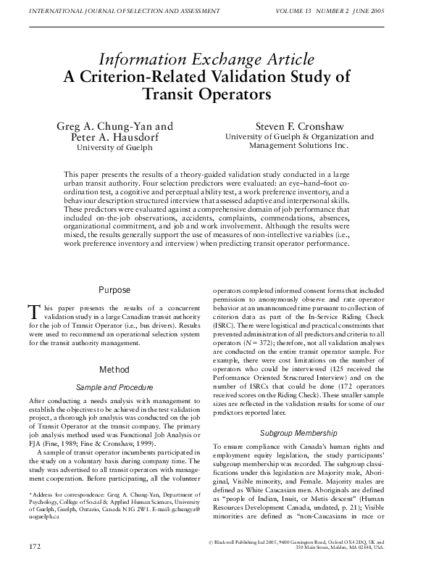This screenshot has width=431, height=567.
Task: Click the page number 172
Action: pos(35,543)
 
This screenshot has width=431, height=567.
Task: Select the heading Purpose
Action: pos(114,290)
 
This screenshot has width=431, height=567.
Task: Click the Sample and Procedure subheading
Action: pos(114,388)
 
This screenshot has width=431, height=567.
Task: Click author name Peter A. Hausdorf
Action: pos(115,136)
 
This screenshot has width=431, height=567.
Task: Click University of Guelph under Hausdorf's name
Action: pos(115,147)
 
